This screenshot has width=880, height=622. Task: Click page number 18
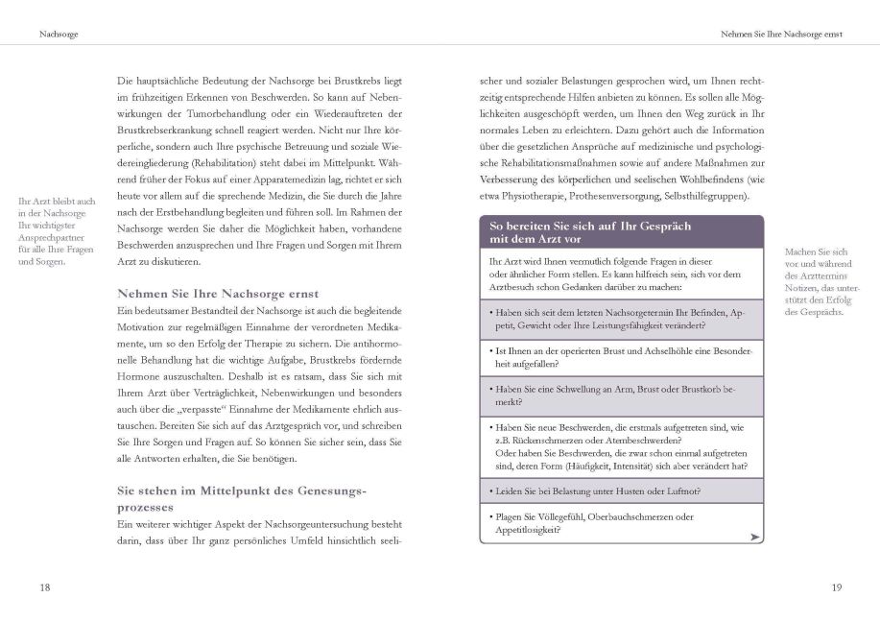pyautogui.click(x=44, y=586)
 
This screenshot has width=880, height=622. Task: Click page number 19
pyautogui.click(x=835, y=586)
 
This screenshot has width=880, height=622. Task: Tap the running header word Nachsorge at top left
pyautogui.click(x=59, y=35)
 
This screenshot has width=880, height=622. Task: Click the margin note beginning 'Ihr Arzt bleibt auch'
pyautogui.click(x=57, y=231)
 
